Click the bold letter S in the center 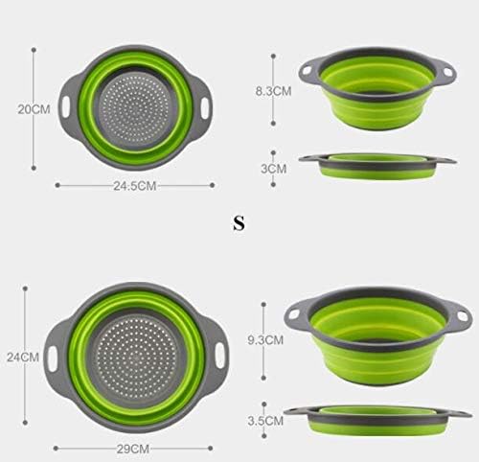239,224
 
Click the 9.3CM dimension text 266,338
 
